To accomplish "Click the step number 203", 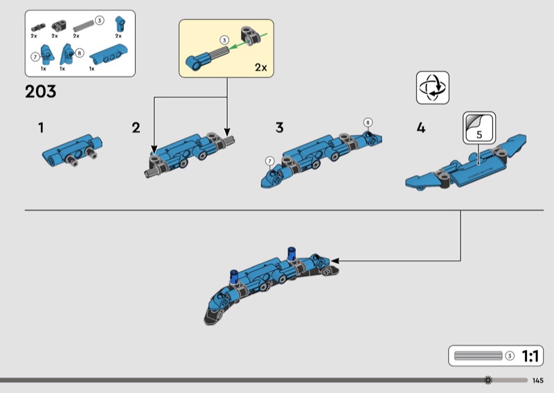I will pos(41,91).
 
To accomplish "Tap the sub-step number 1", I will pos(42,127).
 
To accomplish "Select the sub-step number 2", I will pos(136,127).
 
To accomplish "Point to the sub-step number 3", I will pos(279,127).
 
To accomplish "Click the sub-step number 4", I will pos(421,127).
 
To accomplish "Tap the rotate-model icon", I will pos(434,88).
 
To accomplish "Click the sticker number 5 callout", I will pos(479,127).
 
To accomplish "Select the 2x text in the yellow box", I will pos(260,67).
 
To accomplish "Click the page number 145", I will pos(538,380).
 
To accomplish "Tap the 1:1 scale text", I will pos(530,356).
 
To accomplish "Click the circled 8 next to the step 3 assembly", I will pos(368,122).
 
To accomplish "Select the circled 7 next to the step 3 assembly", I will pos(269,161).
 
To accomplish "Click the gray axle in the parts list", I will pos(82,24).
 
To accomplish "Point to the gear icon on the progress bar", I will pos(488,380).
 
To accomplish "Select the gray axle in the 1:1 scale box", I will pos(477,356).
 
